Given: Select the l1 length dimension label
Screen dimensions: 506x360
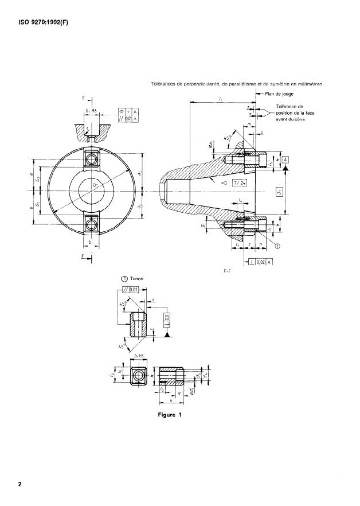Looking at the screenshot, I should coord(221,99).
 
